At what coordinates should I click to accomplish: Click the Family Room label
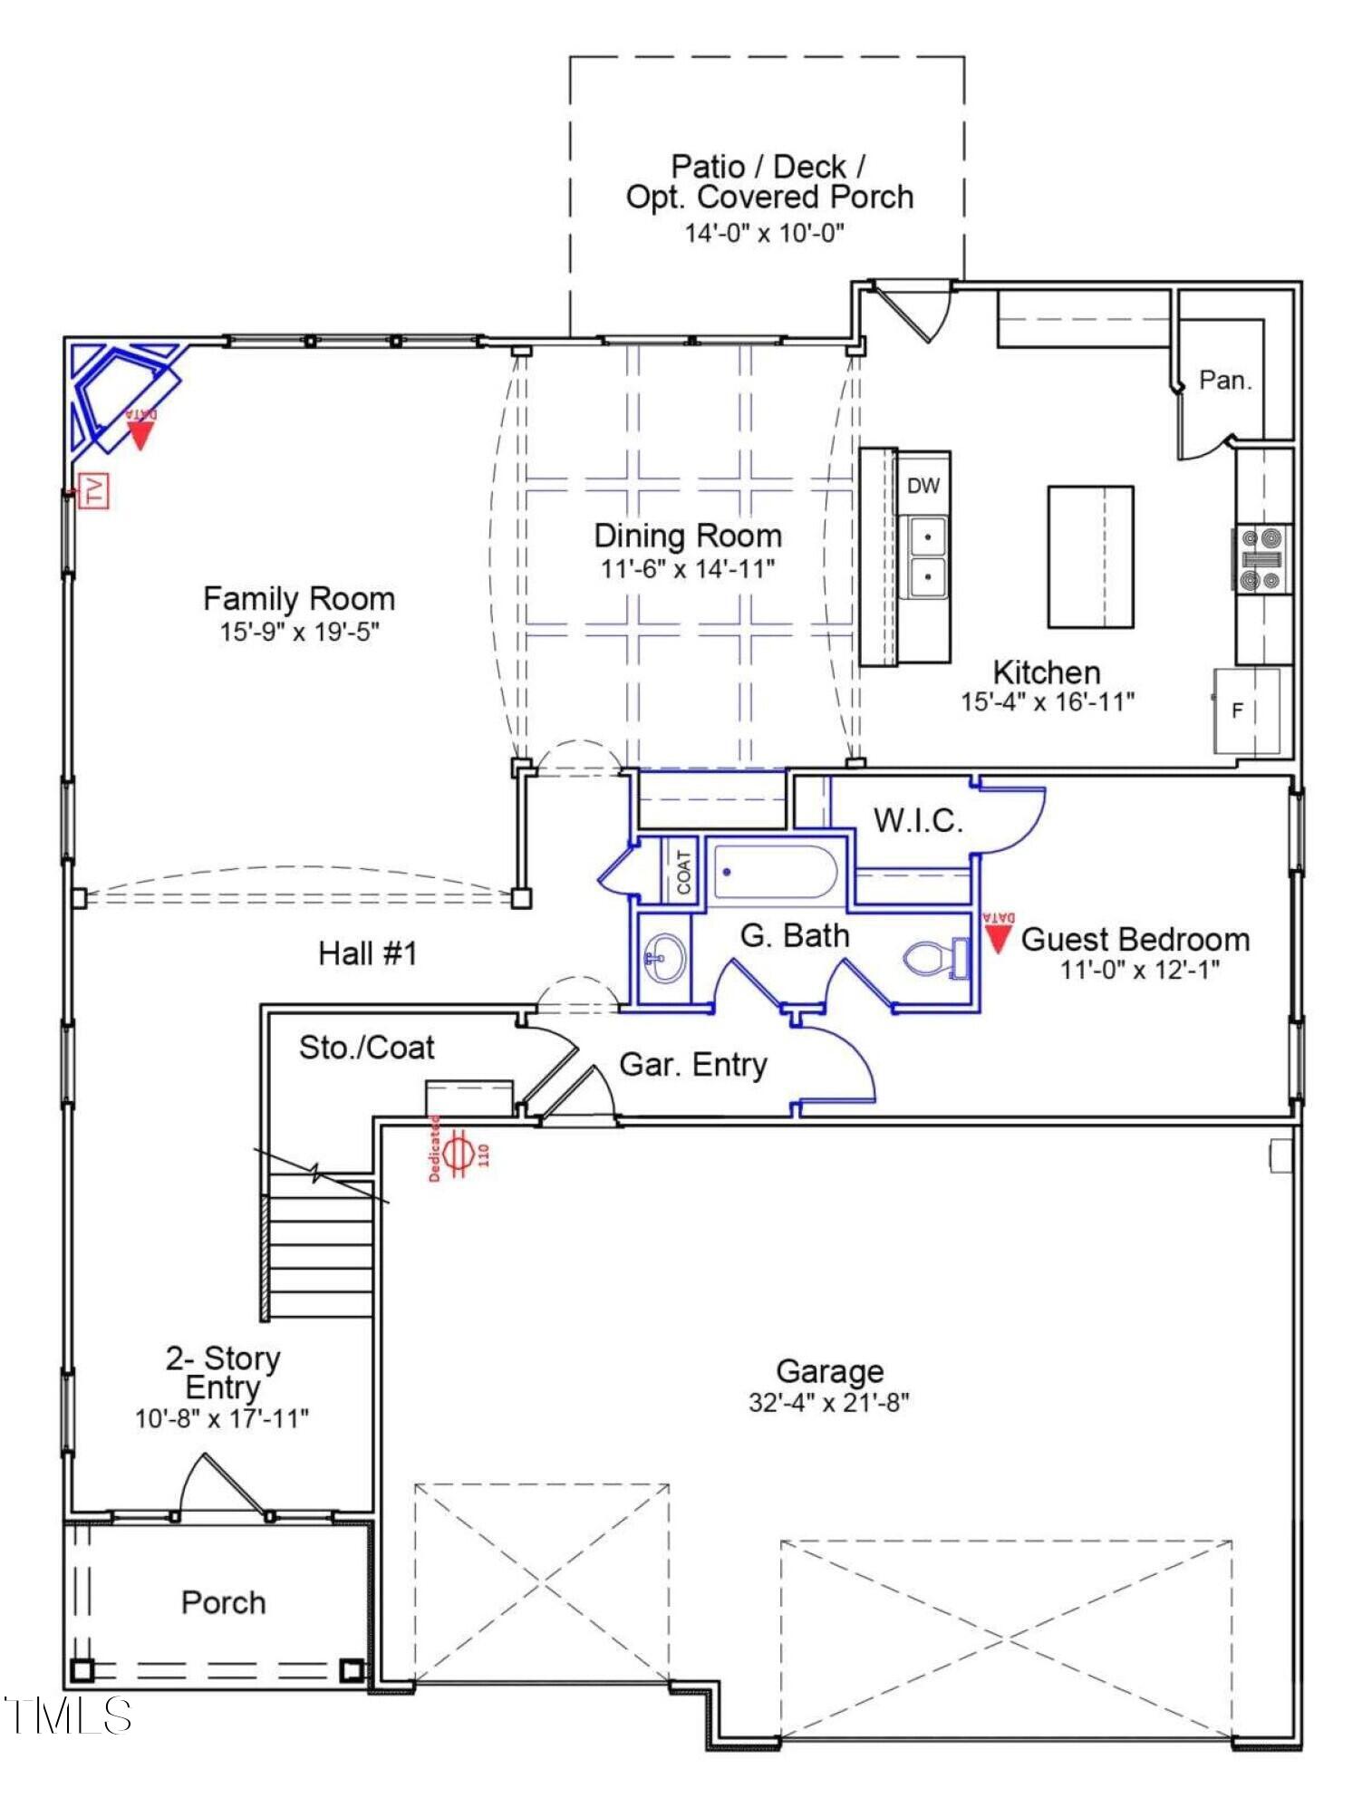[x=299, y=599]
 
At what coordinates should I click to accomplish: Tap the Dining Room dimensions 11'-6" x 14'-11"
[x=688, y=569]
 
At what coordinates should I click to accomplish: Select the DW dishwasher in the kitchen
[x=923, y=485]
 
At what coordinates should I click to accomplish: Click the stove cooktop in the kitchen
[x=1261, y=559]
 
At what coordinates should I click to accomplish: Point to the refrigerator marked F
[x=1247, y=711]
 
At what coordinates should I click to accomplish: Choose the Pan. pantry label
[x=1225, y=380]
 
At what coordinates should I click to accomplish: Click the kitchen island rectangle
[x=1091, y=556]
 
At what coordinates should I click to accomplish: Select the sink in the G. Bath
[x=665, y=958]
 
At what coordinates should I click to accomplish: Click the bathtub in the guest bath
[x=774, y=871]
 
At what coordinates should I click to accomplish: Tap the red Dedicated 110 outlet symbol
[x=459, y=1149]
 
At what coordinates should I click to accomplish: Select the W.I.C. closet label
[x=917, y=820]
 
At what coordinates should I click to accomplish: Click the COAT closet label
[x=684, y=871]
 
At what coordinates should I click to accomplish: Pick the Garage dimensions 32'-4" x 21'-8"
[x=829, y=1402]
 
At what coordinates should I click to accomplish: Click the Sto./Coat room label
[x=367, y=1048]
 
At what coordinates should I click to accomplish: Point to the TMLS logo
[x=68, y=1715]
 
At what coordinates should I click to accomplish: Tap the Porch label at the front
[x=224, y=1602]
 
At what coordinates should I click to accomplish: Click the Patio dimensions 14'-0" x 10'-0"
[x=765, y=233]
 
